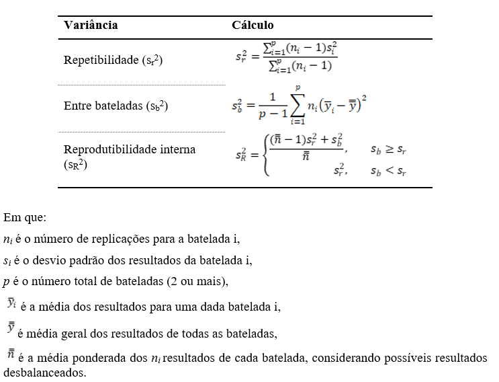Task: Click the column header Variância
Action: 91,26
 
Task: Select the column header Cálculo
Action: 253,26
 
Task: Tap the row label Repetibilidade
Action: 113,60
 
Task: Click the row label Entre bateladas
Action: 115,106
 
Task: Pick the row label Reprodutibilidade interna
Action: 129,149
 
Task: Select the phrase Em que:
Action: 25,218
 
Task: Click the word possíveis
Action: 381,357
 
